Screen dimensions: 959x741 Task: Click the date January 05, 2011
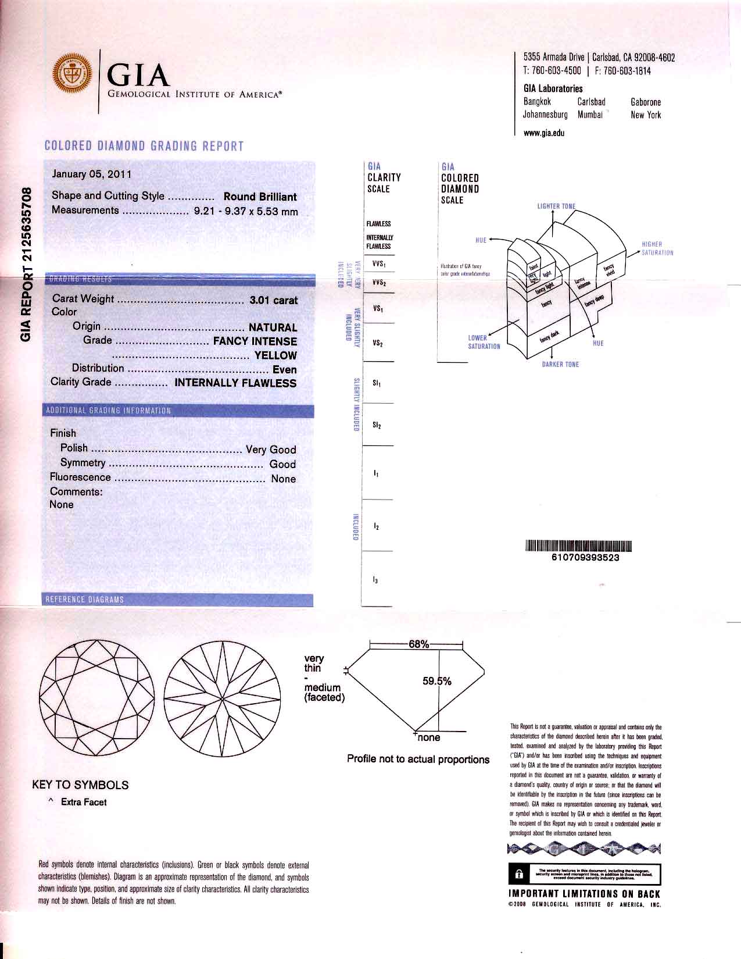(x=92, y=174)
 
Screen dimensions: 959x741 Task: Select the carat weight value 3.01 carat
(x=273, y=300)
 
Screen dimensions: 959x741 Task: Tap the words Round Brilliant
(x=260, y=197)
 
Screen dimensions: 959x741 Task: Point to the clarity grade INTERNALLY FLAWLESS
(x=235, y=383)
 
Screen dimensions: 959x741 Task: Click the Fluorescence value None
(x=283, y=479)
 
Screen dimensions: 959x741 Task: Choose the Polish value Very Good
(x=271, y=449)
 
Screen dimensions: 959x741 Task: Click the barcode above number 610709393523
(x=578, y=546)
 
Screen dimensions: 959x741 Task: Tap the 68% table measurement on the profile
(x=418, y=644)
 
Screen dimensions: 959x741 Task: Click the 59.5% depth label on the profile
(x=436, y=681)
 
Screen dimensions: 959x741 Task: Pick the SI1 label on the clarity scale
(x=377, y=383)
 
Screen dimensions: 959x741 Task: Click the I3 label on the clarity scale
(x=376, y=580)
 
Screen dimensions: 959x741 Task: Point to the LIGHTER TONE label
(x=556, y=206)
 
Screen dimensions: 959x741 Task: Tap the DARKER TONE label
(x=560, y=365)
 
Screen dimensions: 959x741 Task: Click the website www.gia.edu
(x=544, y=133)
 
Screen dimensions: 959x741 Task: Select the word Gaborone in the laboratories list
(x=646, y=102)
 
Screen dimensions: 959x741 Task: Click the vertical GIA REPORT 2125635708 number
(x=26, y=265)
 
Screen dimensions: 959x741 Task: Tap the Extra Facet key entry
(x=84, y=802)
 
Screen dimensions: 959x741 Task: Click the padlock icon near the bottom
(x=519, y=874)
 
